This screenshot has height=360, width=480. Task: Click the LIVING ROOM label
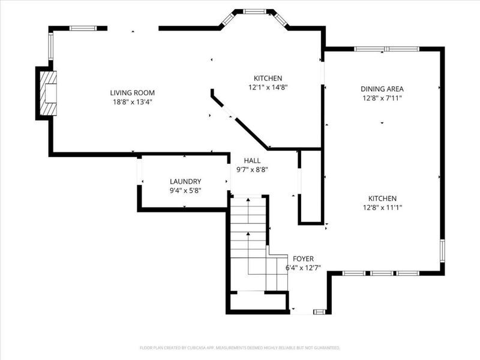tap(132, 93)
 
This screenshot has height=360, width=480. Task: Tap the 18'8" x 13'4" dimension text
tap(133, 102)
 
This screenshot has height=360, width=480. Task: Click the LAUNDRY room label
tap(185, 182)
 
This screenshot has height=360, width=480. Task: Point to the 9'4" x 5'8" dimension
tap(185, 191)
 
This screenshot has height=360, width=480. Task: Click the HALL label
tap(252, 160)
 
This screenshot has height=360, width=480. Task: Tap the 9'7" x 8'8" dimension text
tap(252, 170)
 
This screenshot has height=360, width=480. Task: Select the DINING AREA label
tap(382, 89)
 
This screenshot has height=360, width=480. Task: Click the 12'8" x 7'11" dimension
tap(382, 98)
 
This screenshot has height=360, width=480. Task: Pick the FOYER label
tap(303, 259)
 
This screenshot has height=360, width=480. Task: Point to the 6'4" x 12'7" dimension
tap(303, 268)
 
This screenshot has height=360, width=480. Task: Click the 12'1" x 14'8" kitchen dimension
tap(268, 88)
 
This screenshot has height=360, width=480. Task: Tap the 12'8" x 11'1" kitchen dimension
tap(382, 208)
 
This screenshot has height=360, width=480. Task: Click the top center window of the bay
tap(254, 11)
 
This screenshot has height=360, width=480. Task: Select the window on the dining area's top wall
tap(386, 49)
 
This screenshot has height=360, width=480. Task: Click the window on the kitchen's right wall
tap(442, 251)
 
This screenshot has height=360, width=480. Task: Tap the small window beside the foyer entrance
tap(320, 311)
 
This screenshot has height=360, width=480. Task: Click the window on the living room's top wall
tap(83, 28)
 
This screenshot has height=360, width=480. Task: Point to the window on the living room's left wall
tap(51, 46)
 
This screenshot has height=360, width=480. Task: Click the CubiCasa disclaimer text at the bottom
tap(240, 348)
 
